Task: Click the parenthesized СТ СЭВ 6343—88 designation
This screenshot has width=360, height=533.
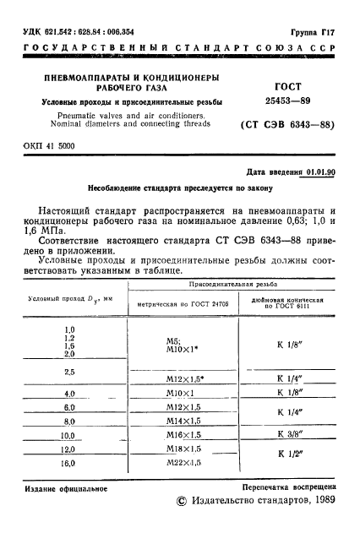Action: coord(288,126)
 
